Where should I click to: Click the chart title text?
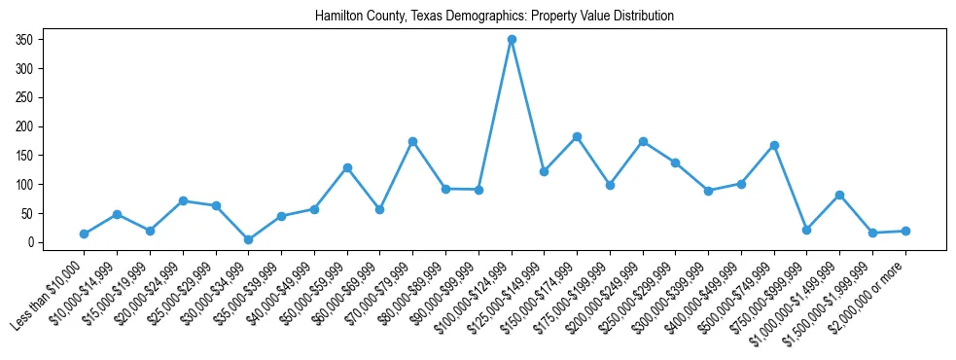(494, 17)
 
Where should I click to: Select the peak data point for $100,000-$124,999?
(512, 40)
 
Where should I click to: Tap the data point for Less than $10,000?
(85, 234)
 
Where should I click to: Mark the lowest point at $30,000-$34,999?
(249, 239)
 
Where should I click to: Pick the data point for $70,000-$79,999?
(413, 141)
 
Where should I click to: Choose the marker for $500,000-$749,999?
(774, 145)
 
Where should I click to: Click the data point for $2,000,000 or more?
(905, 231)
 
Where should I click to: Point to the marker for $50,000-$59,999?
(347, 167)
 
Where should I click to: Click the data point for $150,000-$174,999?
(578, 137)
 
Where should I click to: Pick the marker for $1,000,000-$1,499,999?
(839, 195)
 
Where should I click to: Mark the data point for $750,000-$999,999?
(807, 230)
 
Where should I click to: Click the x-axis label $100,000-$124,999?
(476, 293)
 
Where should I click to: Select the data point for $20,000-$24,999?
(183, 200)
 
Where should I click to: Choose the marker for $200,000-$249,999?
(643, 141)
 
